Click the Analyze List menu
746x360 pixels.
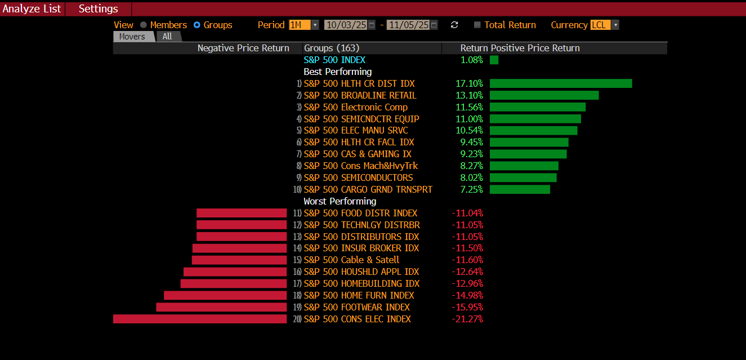(32, 9)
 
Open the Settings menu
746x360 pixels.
(99, 9)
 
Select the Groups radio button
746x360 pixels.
(197, 25)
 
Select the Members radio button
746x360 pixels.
(144, 25)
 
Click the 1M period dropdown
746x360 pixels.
(303, 25)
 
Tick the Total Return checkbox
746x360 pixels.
(477, 25)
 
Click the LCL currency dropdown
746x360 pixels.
(604, 25)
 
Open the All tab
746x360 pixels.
(167, 37)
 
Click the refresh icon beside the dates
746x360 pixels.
(454, 25)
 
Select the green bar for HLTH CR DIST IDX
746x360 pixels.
(561, 83)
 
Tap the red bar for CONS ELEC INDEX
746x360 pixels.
(200, 319)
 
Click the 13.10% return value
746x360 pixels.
(469, 95)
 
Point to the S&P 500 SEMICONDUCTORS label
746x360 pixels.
(358, 177)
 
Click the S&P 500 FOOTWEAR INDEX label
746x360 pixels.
(356, 307)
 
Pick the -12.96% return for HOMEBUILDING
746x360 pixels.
(467, 283)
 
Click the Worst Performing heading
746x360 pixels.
(340, 201)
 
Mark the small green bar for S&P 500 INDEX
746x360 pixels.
(494, 60)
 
